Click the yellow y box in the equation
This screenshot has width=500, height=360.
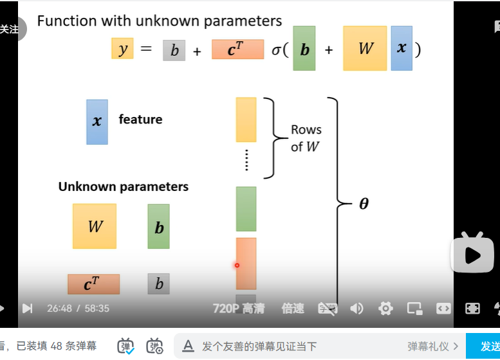(x=122, y=49)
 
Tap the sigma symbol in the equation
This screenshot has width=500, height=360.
(x=276, y=49)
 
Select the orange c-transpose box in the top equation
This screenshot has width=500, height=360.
(x=237, y=50)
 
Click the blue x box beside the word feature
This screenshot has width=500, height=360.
(x=97, y=121)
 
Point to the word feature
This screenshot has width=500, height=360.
(x=140, y=120)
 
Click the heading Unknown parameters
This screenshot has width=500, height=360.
(x=124, y=187)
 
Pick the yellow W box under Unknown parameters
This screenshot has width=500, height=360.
(x=95, y=226)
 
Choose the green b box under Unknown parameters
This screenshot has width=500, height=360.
(x=158, y=226)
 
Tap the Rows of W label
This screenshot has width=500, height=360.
(x=306, y=138)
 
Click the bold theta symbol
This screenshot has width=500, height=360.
(x=364, y=204)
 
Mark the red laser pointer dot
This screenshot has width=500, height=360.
(x=237, y=265)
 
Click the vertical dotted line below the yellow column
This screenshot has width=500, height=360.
(x=246, y=159)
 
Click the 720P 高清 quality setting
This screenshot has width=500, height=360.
(x=239, y=309)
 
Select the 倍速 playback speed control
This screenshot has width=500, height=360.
(x=293, y=309)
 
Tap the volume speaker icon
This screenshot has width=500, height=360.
(x=356, y=309)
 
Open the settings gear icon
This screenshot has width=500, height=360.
(x=385, y=309)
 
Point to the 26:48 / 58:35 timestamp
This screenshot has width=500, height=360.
(x=78, y=309)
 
